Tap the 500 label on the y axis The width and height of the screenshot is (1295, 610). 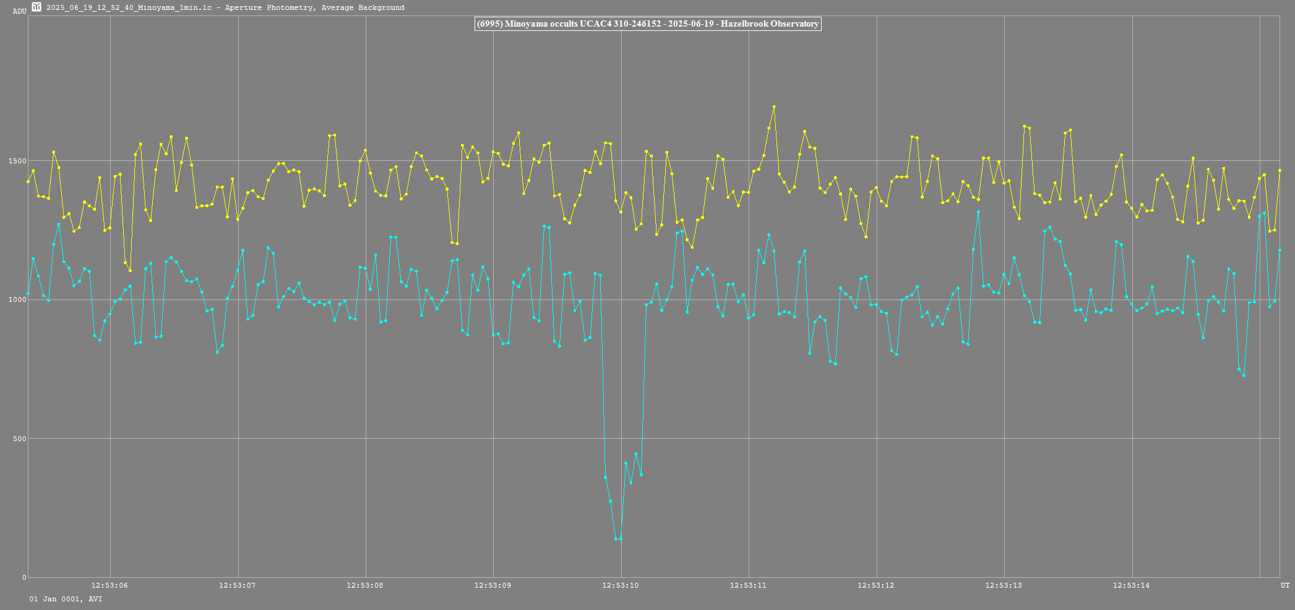tap(19, 439)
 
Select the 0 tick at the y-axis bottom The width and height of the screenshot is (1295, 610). tap(24, 577)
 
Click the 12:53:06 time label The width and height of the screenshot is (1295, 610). tap(110, 585)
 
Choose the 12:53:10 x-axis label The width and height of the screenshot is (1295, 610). tap(621, 585)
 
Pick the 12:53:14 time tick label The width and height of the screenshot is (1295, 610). tap(1132, 585)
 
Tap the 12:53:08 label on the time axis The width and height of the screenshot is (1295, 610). tap(365, 585)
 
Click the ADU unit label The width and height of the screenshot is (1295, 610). tap(19, 11)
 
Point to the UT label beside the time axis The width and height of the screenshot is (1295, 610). tap(1285, 585)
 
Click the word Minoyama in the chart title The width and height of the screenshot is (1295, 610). tap(525, 24)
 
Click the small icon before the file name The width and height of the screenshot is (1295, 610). tap(37, 7)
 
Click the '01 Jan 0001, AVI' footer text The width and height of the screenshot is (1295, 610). tap(66, 599)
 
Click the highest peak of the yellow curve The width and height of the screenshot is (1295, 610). tap(774, 107)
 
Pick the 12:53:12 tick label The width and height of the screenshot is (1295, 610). tap(876, 585)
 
